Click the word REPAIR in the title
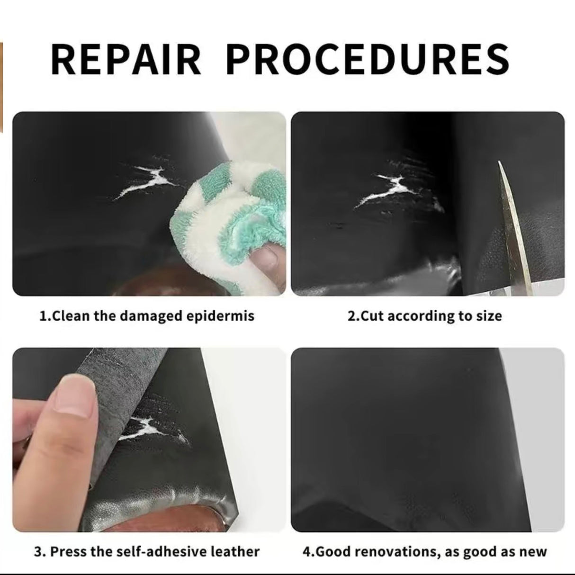126,59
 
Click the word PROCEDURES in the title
368,59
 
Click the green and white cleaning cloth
233,221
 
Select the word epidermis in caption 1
220,316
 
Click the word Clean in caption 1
71,316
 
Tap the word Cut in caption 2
372,316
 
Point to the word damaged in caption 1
151,316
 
